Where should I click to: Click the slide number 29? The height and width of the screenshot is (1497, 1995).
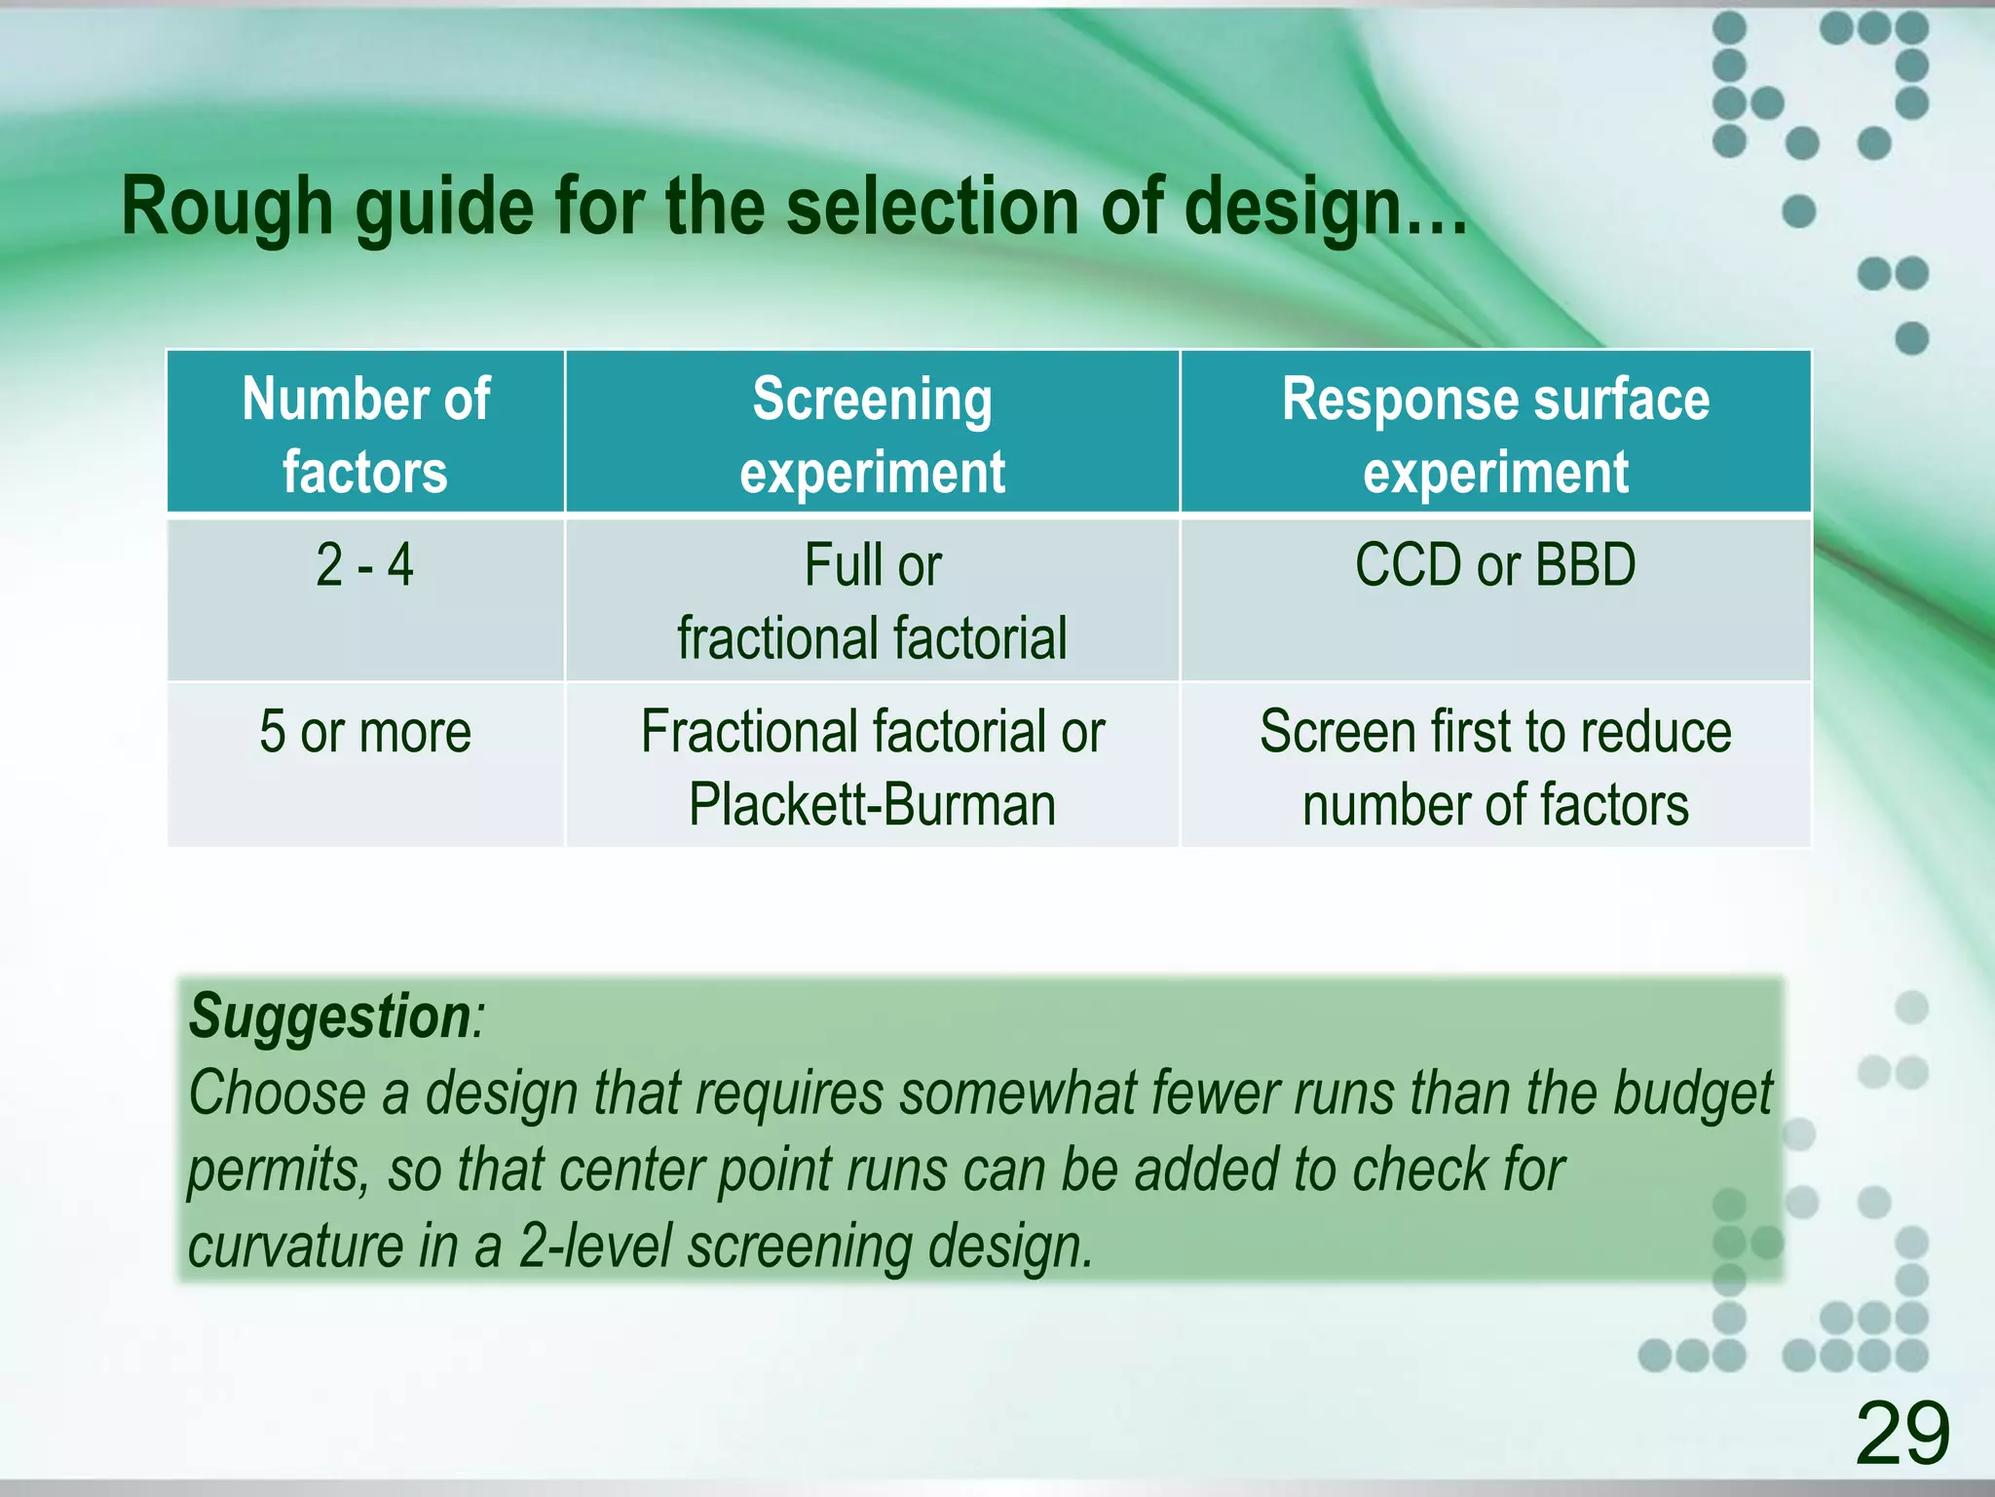tap(1902, 1433)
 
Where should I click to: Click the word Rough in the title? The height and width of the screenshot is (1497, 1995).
tap(227, 208)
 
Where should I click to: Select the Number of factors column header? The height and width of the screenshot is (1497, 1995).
tap(365, 434)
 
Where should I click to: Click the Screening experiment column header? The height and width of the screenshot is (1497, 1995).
tap(872, 434)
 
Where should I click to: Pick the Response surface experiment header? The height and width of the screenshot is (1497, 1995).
tap(1495, 434)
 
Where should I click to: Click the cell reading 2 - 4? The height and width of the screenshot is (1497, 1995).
tap(364, 565)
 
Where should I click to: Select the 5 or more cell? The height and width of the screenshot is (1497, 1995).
tap(364, 732)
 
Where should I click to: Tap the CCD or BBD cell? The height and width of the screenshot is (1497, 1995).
tap(1495, 565)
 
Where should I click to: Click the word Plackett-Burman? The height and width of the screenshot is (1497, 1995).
tap(872, 806)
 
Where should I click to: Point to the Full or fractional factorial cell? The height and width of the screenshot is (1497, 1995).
tap(872, 601)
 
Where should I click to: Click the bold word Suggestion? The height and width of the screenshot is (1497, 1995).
tap(330, 1017)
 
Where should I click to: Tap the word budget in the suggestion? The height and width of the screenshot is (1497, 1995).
tap(1692, 1094)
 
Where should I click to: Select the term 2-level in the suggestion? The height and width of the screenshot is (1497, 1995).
tap(595, 1247)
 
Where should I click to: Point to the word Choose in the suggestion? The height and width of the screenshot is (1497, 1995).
tap(276, 1094)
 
